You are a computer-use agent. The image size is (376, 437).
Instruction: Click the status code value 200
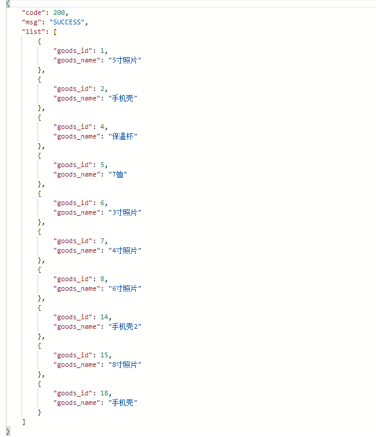(59, 12)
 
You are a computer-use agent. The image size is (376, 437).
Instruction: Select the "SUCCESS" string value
(67, 22)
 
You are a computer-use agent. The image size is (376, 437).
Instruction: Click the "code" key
(33, 12)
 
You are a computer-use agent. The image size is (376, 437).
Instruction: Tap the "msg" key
(32, 22)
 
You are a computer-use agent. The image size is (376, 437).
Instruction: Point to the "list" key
(33, 32)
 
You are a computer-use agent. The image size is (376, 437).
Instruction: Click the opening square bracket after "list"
(55, 32)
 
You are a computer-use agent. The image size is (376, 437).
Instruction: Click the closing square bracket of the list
(24, 422)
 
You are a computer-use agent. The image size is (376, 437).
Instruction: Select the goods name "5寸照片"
(125, 60)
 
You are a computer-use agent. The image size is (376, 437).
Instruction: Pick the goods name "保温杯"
(123, 136)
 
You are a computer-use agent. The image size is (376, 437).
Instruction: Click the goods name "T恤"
(117, 174)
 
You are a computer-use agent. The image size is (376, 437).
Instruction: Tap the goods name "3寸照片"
(125, 212)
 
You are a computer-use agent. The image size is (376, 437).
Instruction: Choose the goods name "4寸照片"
(125, 250)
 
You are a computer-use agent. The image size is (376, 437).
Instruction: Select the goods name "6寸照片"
(125, 288)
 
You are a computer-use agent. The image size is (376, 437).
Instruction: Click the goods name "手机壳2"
(125, 326)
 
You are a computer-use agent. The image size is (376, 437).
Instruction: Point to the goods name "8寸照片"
(125, 364)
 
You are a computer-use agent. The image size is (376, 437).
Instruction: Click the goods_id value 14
(104, 317)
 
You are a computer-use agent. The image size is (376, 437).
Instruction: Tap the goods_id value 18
(104, 393)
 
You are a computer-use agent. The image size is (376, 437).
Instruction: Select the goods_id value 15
(104, 355)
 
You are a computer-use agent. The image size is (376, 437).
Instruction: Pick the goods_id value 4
(102, 127)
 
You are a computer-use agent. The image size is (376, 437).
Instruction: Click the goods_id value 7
(102, 241)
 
